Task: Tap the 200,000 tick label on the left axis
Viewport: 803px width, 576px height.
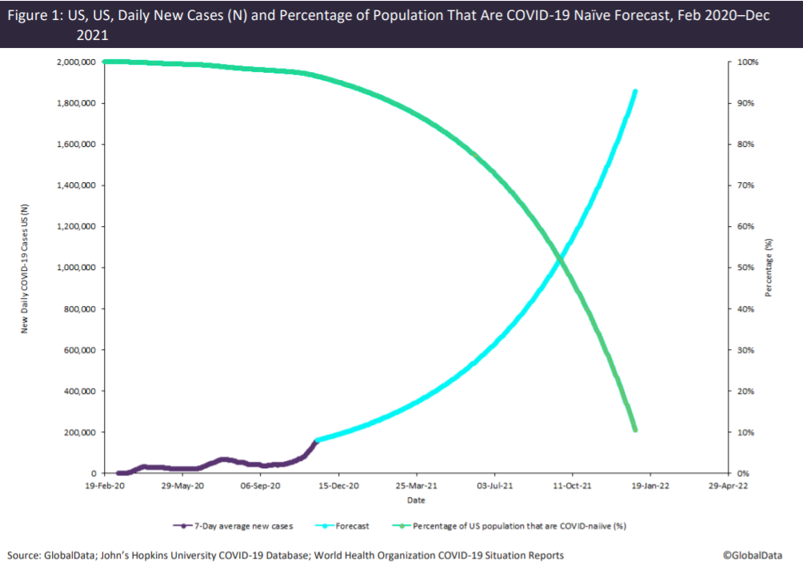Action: point(79,432)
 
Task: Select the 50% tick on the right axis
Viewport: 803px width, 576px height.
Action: point(743,268)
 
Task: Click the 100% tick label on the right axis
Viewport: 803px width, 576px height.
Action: point(745,62)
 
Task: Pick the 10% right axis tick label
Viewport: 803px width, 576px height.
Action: point(743,432)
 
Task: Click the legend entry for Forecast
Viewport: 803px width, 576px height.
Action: point(352,526)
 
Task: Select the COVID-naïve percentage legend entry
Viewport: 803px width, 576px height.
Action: point(513,526)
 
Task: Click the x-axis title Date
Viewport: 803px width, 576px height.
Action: point(416,501)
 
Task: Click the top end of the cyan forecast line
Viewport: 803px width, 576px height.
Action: point(635,91)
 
